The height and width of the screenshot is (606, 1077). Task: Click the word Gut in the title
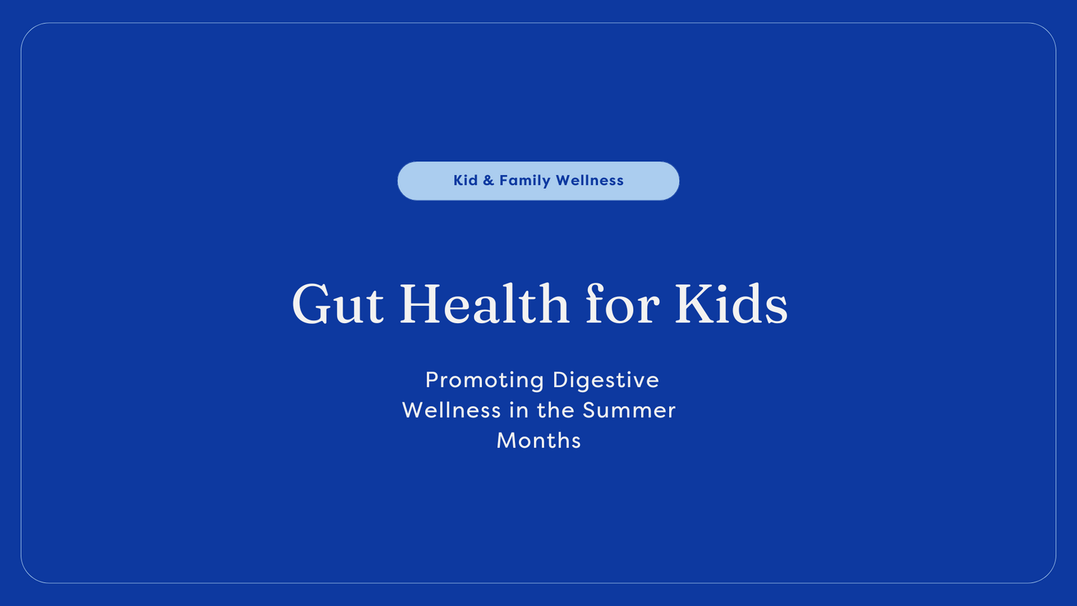[337, 305]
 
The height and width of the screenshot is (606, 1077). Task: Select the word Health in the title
[484, 304]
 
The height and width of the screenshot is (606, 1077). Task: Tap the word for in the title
[622, 304]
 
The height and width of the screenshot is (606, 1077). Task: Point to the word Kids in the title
[731, 304]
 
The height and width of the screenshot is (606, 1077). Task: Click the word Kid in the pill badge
[465, 181]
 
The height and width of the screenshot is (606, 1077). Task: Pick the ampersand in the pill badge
[488, 181]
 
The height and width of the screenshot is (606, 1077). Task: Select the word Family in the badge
[524, 181]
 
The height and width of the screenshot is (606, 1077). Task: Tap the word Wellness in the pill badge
[589, 181]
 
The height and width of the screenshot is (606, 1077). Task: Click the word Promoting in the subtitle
[485, 380]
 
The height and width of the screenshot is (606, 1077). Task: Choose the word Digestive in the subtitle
[605, 380]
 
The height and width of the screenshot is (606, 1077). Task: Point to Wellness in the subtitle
[451, 410]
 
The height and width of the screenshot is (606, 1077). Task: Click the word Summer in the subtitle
[629, 410]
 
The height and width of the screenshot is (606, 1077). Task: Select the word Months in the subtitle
[538, 440]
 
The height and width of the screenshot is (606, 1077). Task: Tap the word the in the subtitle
[556, 410]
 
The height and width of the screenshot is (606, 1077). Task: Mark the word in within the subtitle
[519, 410]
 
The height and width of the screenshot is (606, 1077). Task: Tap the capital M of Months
[507, 440]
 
